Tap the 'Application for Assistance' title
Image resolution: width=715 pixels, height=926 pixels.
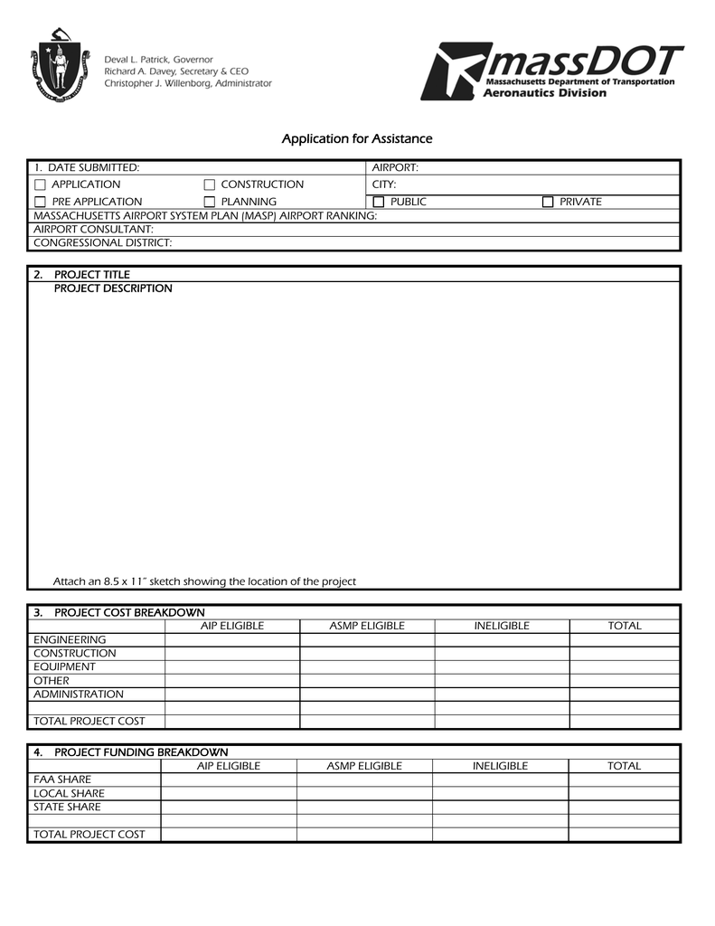(357, 138)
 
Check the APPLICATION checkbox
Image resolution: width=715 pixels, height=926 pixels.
(40, 184)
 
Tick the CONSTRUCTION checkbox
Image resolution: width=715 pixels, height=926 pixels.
(210, 184)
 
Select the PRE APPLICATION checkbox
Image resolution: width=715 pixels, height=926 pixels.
(40, 202)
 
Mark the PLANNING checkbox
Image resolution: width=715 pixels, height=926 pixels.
(210, 202)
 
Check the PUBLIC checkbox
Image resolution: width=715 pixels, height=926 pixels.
(379, 202)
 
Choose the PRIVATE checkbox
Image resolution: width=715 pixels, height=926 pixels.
(548, 202)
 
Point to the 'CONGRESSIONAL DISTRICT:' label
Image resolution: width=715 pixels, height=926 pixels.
(102, 242)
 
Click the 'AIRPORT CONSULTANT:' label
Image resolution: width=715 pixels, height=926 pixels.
(93, 229)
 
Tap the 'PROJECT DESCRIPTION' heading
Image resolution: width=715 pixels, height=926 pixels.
(113, 288)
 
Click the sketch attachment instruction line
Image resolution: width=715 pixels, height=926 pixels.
(204, 581)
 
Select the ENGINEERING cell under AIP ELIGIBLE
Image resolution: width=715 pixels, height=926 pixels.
(232, 640)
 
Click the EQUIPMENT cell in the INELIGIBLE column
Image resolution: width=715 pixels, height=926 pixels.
(502, 667)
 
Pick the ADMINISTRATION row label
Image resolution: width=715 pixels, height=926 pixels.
(79, 694)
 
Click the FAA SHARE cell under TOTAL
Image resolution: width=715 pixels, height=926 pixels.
(624, 780)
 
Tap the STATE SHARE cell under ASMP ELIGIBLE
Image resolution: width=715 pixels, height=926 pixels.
(364, 807)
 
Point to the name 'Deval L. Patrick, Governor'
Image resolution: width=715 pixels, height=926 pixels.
(159, 59)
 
